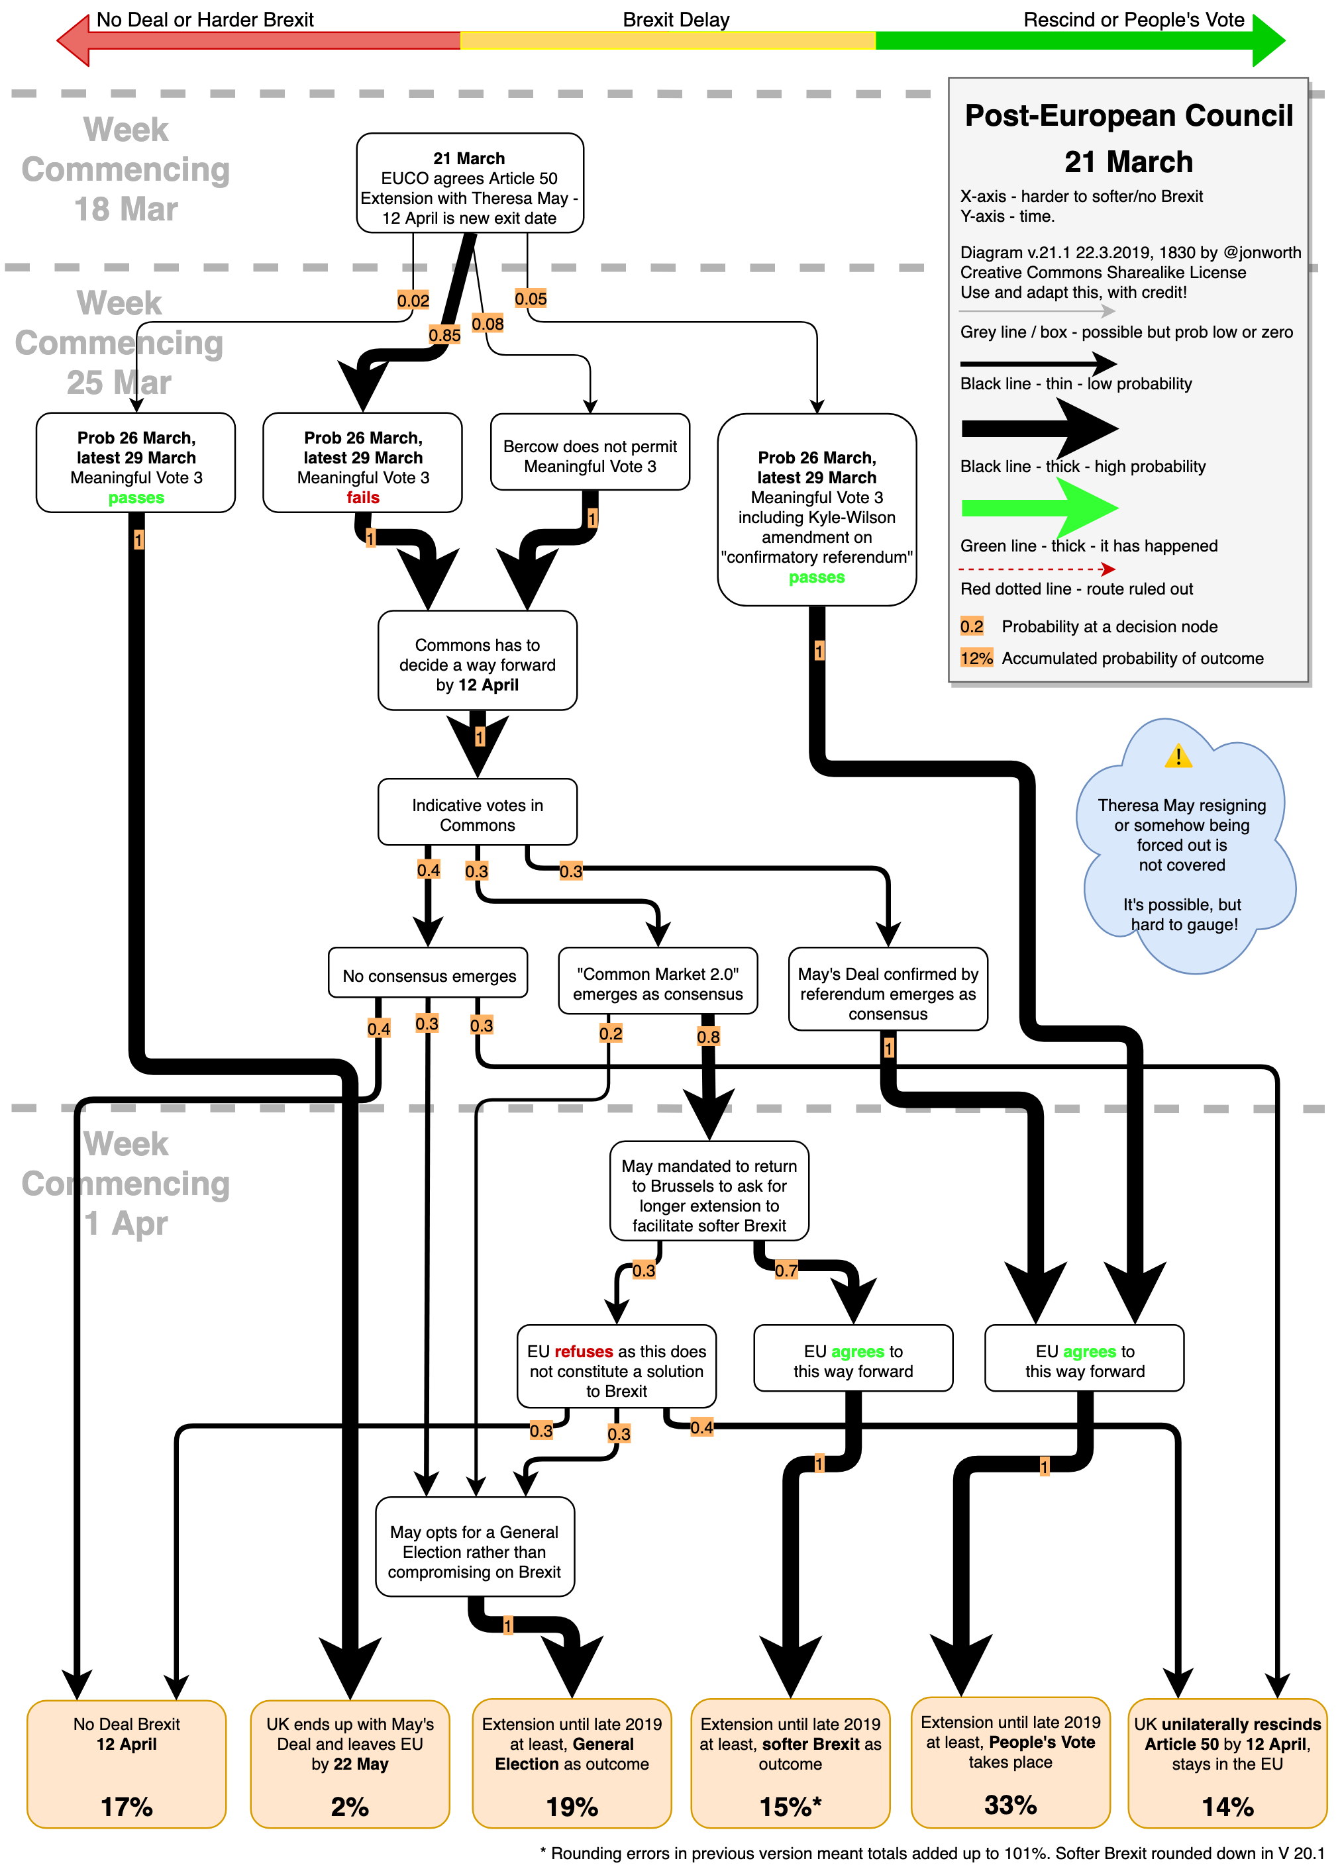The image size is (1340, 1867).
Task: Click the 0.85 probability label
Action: [x=444, y=335]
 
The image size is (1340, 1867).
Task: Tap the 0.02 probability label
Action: [x=413, y=301]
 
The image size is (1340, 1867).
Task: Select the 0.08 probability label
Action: [x=488, y=324]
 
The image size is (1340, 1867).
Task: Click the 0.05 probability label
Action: [x=531, y=299]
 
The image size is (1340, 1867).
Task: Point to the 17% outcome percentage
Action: [x=126, y=1806]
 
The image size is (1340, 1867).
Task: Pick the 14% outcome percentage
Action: [x=1227, y=1806]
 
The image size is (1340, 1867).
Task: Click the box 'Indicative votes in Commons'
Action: [x=477, y=814]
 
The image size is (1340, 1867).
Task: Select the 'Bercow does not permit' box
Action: [x=590, y=455]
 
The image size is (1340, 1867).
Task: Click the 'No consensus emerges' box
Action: [x=429, y=975]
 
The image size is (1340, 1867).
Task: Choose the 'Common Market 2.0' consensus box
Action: [x=657, y=984]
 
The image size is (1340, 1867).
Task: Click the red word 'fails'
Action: [x=362, y=497]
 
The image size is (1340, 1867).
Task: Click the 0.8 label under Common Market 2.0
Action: [x=708, y=1036]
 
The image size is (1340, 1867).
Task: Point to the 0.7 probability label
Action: [x=786, y=1270]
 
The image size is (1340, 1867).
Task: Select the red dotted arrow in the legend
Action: [x=1037, y=569]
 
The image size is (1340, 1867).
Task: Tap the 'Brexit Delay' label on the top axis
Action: [x=676, y=20]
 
